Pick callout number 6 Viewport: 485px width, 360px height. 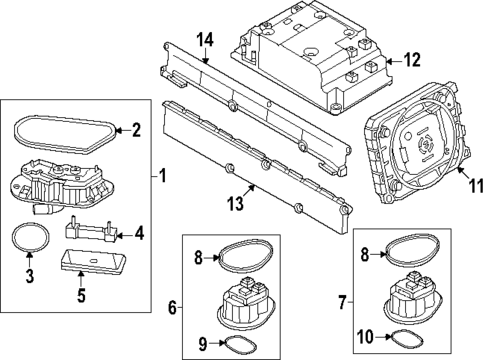(171, 309)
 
